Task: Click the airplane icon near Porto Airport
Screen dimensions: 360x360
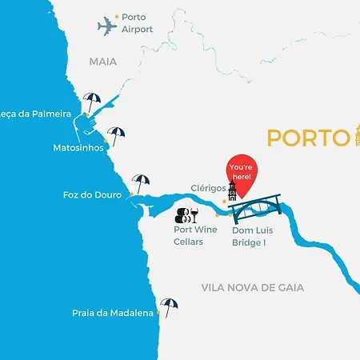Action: pyautogui.click(x=106, y=26)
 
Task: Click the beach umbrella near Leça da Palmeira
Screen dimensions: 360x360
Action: pyautogui.click(x=92, y=103)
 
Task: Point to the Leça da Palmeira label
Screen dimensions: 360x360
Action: pyautogui.click(x=36, y=114)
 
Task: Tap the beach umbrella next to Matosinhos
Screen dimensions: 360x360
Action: pyautogui.click(x=117, y=136)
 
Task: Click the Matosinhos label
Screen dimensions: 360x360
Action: pyautogui.click(x=78, y=148)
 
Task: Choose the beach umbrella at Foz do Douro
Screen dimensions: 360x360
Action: pyautogui.click(x=141, y=183)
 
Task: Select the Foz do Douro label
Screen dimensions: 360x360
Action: pyautogui.click(x=92, y=194)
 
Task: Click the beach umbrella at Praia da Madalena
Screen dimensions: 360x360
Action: pyautogui.click(x=169, y=306)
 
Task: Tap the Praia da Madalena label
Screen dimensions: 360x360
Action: pyautogui.click(x=112, y=314)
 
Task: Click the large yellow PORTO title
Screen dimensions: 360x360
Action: pyautogui.click(x=305, y=138)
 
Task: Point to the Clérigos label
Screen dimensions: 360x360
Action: pyautogui.click(x=206, y=189)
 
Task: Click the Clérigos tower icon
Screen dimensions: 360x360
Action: pyautogui.click(x=233, y=192)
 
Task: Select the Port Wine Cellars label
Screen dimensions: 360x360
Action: pyautogui.click(x=195, y=235)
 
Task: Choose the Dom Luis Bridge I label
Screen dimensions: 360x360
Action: pyautogui.click(x=254, y=235)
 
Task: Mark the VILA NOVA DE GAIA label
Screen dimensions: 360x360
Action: pyautogui.click(x=264, y=288)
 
